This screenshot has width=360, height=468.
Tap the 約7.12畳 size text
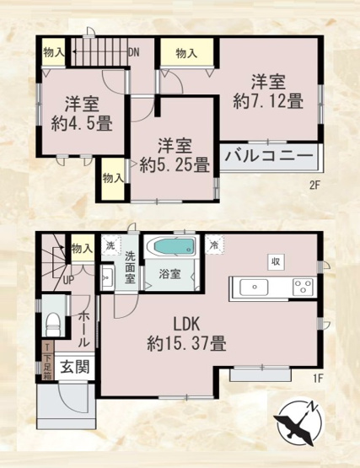pos(269,101)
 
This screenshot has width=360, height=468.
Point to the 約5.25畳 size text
pos(175,165)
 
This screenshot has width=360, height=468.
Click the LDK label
pos(186,324)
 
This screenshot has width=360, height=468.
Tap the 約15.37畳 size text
pos(187,344)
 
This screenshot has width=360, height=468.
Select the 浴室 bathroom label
pos(169,273)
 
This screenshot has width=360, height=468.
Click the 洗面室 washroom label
pos(131,267)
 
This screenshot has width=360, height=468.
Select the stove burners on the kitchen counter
pos(301,287)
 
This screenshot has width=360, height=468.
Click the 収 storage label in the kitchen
pos(275,261)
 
